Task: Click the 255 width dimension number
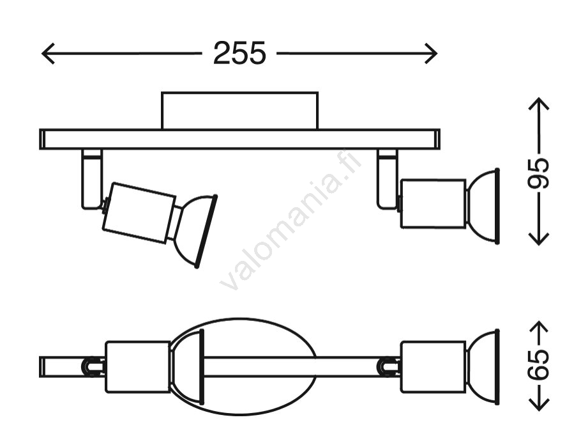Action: pyautogui.click(x=239, y=53)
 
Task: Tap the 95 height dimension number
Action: pyautogui.click(x=538, y=173)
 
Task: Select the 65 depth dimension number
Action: pyautogui.click(x=538, y=364)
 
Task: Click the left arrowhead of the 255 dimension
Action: pyautogui.click(x=48, y=54)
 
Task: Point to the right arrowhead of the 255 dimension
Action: pyautogui.click(x=430, y=54)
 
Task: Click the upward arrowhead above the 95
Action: pyautogui.click(x=538, y=104)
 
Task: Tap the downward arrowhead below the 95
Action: pyautogui.click(x=538, y=238)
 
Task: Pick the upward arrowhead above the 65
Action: pyautogui.click(x=538, y=327)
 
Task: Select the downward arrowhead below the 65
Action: pyautogui.click(x=538, y=402)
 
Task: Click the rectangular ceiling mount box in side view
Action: pyautogui.click(x=239, y=111)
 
